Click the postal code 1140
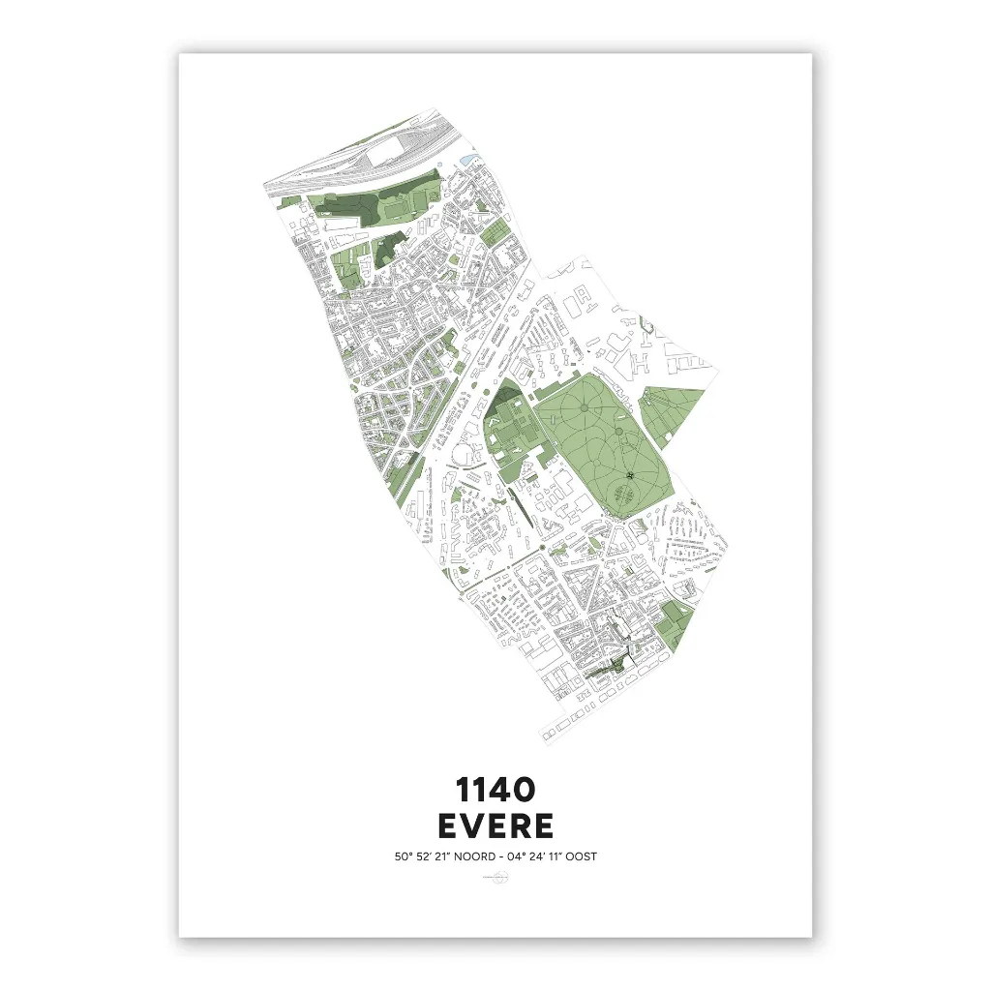495,790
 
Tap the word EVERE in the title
495,826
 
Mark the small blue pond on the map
469,158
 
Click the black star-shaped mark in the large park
630,475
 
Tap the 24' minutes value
541,856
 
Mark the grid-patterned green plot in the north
495,232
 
